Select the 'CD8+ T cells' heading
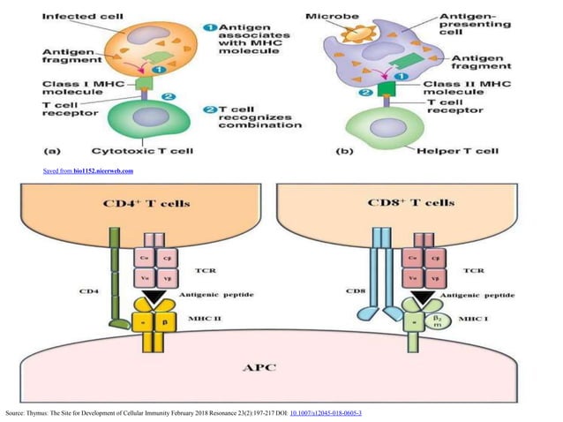[x=410, y=203]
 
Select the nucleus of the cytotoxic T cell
[x=139, y=112]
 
